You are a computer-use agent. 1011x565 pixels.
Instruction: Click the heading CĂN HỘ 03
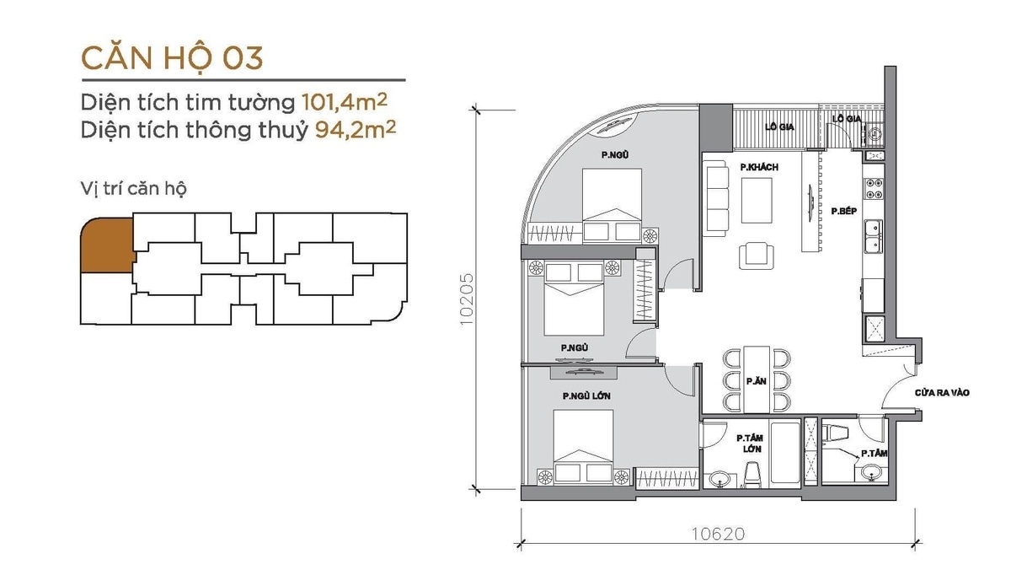tap(172, 59)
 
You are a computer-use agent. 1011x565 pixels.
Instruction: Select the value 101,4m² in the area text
tap(345, 102)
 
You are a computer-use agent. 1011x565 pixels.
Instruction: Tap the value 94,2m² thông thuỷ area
tap(356, 129)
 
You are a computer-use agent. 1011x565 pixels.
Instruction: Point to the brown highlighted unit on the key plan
tap(108, 245)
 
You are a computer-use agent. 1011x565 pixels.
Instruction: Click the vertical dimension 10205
tap(467, 299)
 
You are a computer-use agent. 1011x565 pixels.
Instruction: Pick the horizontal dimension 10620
tap(718, 535)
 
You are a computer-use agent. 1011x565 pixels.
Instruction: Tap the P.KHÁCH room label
tap(759, 167)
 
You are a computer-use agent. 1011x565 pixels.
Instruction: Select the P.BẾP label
tap(843, 211)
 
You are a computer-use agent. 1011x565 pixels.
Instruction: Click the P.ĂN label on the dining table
tap(757, 381)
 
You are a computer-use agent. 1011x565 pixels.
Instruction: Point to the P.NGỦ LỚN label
tap(586, 396)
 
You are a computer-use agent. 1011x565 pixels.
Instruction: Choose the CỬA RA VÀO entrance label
tap(942, 393)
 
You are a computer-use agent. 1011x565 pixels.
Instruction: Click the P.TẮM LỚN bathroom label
tap(749, 444)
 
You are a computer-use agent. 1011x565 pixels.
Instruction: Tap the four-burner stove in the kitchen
tap(874, 188)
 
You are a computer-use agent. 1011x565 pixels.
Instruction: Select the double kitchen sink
tap(874, 237)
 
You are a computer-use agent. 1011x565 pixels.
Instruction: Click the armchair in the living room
tap(756, 256)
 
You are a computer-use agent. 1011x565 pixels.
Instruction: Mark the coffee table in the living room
tap(757, 200)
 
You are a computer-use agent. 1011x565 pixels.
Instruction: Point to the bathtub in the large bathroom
tap(785, 453)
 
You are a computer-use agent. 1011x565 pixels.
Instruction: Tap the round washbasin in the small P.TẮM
tap(871, 472)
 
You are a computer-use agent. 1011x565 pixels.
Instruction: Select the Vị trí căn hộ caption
tap(134, 188)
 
